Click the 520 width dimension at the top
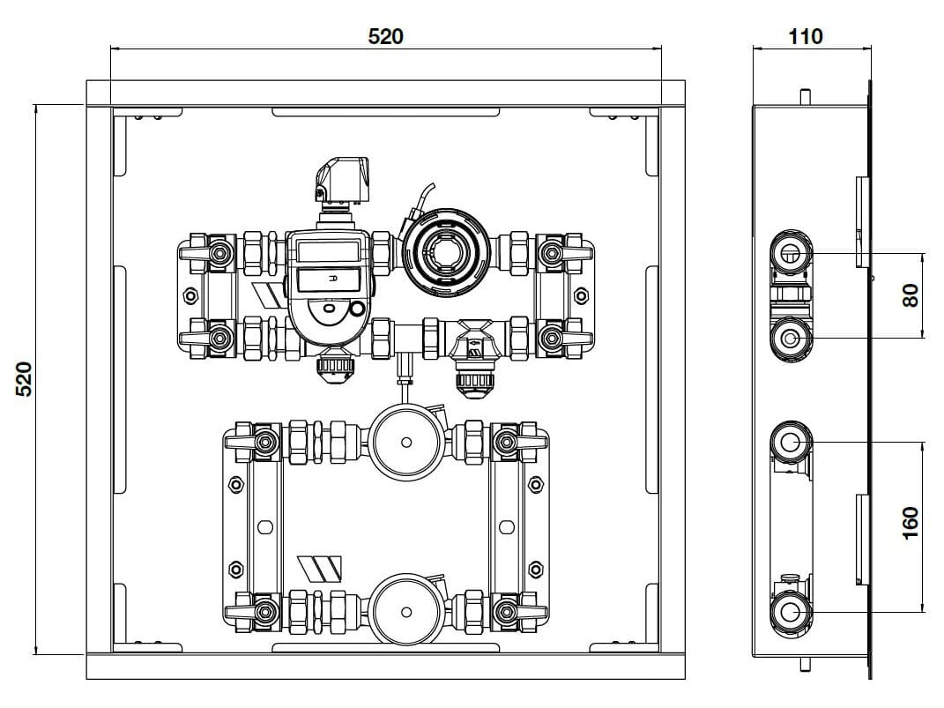385,36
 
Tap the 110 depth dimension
805,36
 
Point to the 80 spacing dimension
911,294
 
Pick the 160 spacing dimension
911,522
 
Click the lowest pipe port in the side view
790,611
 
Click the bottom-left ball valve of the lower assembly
262,610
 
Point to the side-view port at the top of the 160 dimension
790,441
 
